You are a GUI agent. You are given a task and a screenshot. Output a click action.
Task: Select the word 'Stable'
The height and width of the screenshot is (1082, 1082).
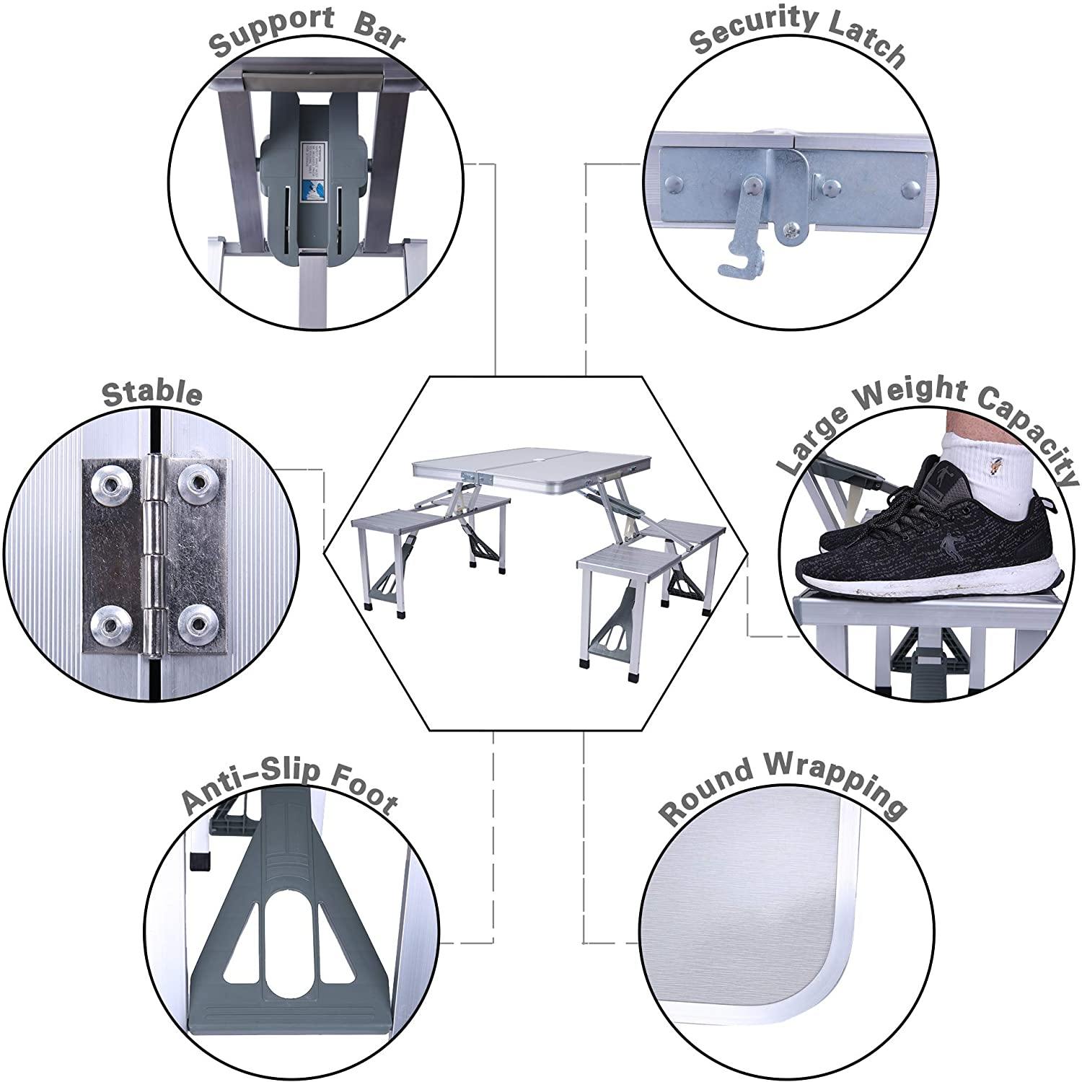click(x=152, y=393)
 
